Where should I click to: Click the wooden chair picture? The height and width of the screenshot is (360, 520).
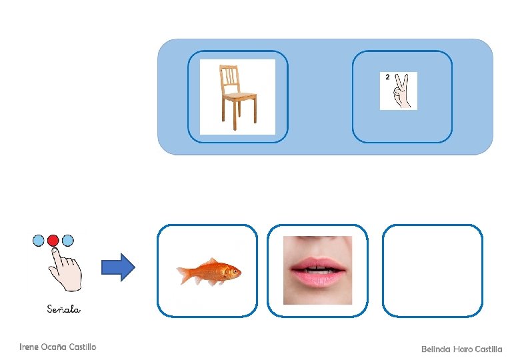pyautogui.click(x=237, y=97)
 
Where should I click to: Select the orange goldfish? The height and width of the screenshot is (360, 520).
pyautogui.click(x=209, y=271)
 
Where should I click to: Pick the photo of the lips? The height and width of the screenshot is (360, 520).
pyautogui.click(x=317, y=270)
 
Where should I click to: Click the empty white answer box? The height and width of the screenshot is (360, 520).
pyautogui.click(x=432, y=270)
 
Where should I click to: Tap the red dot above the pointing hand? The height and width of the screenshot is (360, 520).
pyautogui.click(x=53, y=240)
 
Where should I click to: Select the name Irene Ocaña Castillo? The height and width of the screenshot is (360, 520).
pyautogui.click(x=58, y=347)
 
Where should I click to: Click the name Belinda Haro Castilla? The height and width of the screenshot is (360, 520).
pyautogui.click(x=461, y=349)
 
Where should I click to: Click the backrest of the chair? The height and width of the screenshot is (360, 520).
pyautogui.click(x=229, y=78)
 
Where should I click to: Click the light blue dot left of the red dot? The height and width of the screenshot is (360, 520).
pyautogui.click(x=39, y=240)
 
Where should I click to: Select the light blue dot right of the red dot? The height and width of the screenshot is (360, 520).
pyautogui.click(x=68, y=240)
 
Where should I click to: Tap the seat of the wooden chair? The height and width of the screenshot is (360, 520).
pyautogui.click(x=239, y=96)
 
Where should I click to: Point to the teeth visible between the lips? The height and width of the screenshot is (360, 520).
pyautogui.click(x=318, y=269)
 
